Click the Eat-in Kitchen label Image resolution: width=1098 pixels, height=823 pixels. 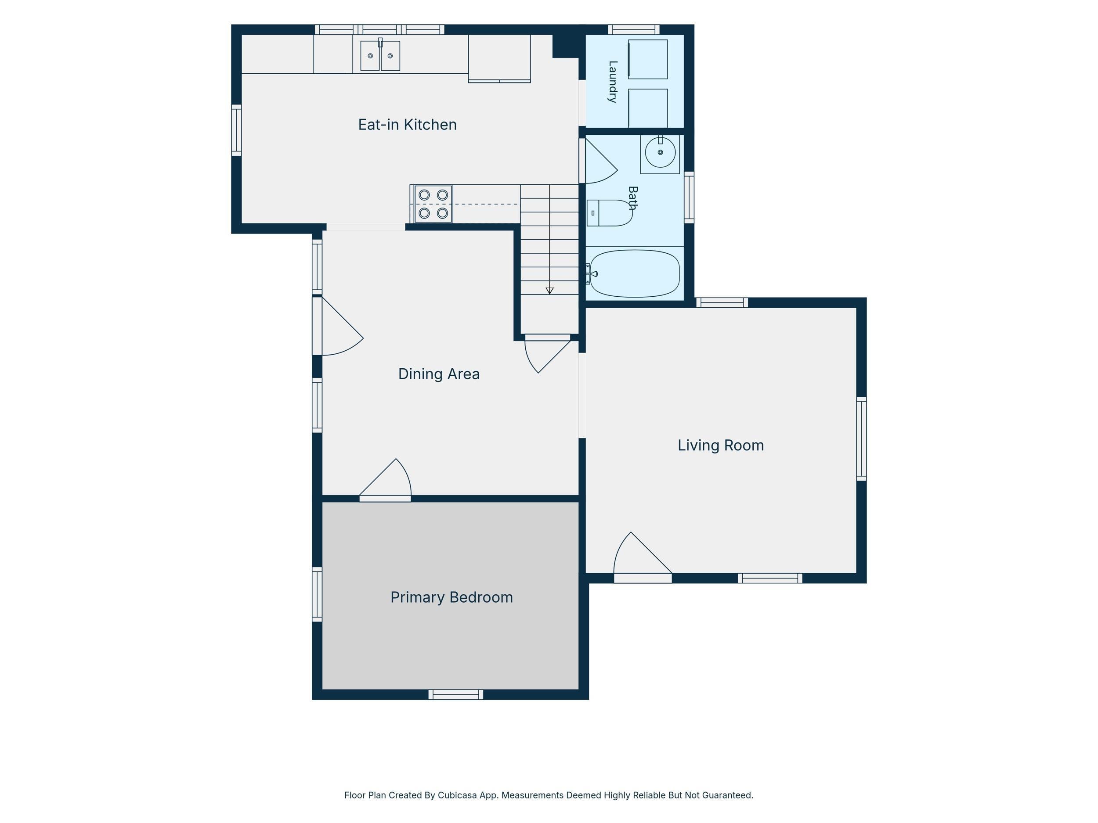[408, 125]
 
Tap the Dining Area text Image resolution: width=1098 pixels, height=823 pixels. [439, 374]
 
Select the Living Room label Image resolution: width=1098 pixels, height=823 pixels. [721, 446]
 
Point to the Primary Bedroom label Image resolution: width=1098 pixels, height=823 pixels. [451, 597]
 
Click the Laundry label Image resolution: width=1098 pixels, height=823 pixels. [613, 81]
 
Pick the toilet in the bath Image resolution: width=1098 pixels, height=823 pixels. [610, 213]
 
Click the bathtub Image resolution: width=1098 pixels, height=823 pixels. [633, 274]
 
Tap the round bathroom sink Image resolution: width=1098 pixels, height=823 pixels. [660, 152]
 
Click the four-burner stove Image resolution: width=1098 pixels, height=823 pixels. [433, 204]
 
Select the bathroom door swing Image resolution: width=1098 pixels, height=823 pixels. [599, 161]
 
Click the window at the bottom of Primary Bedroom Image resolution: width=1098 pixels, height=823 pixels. [456, 694]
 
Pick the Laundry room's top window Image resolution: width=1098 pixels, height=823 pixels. [634, 29]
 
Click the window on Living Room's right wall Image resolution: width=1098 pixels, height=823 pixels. [862, 438]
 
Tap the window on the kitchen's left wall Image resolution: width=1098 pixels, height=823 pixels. [236, 130]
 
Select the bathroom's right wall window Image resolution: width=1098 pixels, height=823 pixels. [689, 198]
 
